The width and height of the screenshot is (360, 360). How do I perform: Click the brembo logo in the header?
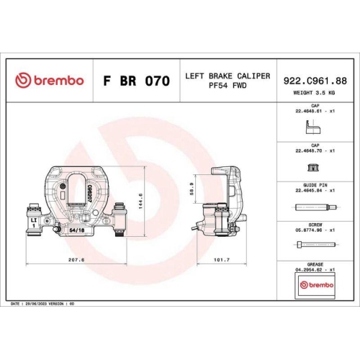pyautogui.click(x=49, y=80)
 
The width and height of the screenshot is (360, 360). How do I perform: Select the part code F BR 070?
pyautogui.click(x=132, y=80)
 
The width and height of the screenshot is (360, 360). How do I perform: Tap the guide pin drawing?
pyautogui.click(x=315, y=207)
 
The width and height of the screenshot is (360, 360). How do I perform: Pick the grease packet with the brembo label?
pyautogui.click(x=315, y=286)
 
